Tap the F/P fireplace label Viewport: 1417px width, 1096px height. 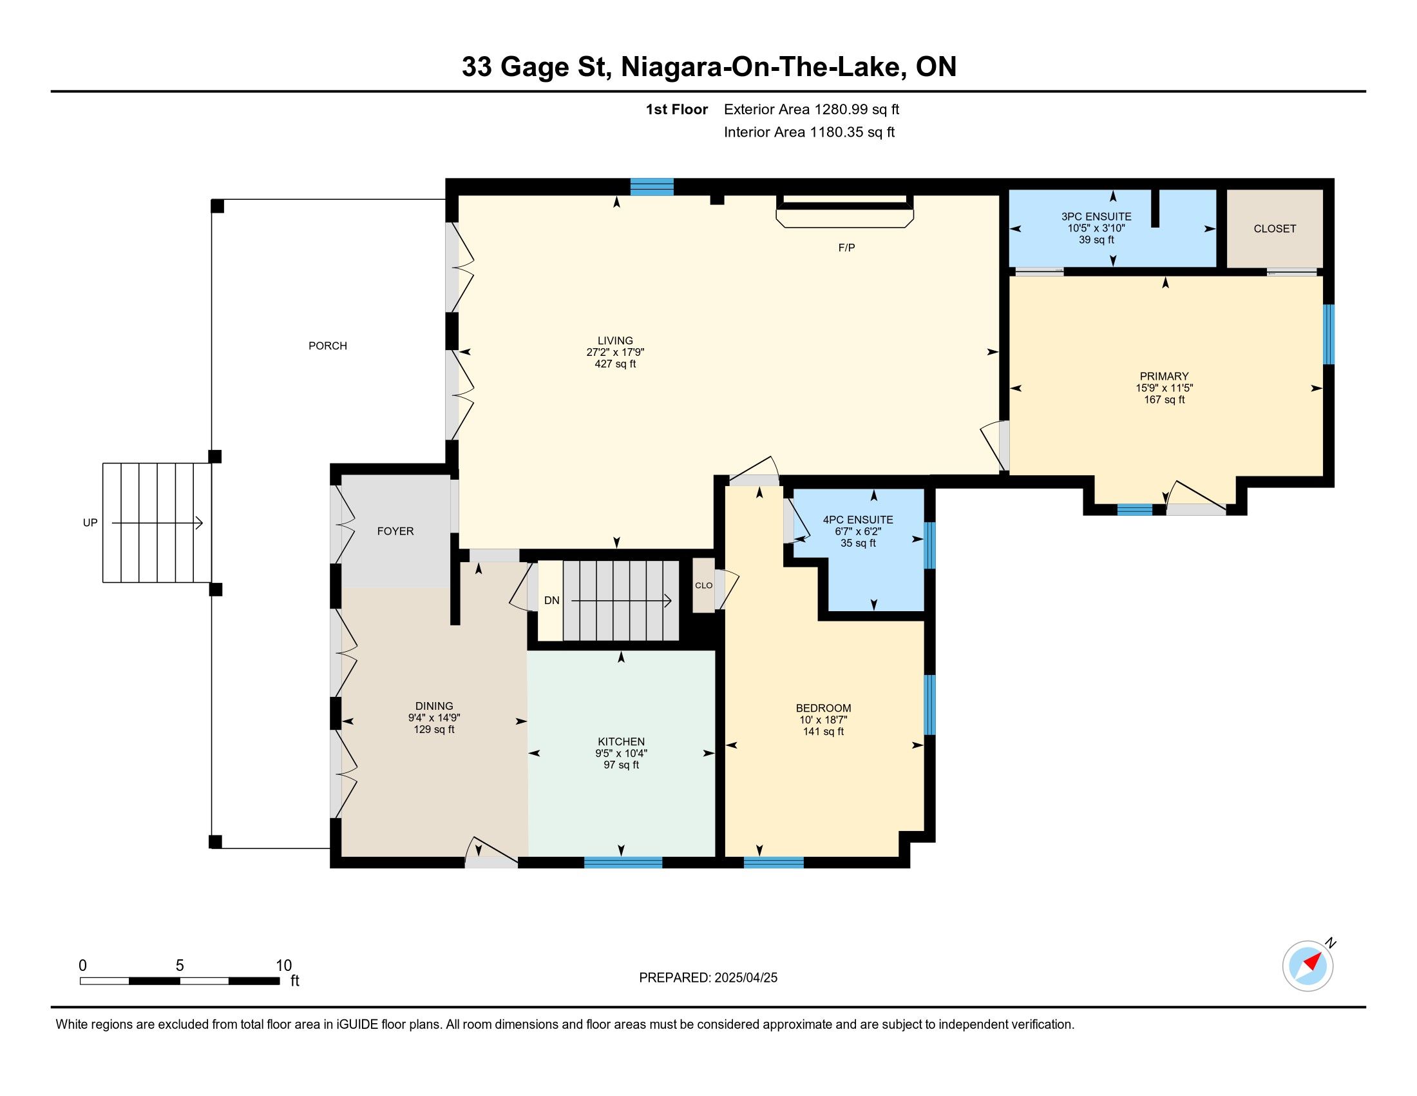coord(847,248)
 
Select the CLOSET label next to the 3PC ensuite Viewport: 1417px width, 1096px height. coord(1275,229)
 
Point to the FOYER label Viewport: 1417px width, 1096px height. coord(395,531)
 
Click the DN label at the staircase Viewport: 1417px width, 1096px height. coord(551,601)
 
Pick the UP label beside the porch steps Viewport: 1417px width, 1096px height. coord(90,523)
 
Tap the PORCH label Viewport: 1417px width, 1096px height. coord(328,346)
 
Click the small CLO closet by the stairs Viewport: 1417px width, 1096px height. coord(704,585)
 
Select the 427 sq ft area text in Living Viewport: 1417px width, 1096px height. coord(616,364)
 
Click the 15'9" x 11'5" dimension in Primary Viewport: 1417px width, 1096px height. coord(1165,388)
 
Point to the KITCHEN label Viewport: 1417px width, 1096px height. coord(622,741)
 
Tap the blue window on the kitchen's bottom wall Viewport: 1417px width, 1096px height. coord(623,862)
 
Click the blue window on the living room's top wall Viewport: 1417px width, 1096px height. coord(652,187)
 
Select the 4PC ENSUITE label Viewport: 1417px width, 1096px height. coord(858,520)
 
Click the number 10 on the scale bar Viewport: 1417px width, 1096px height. coord(283,966)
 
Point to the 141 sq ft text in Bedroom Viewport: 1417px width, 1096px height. coord(823,732)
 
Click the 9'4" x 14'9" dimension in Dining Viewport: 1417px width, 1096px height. coord(434,718)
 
